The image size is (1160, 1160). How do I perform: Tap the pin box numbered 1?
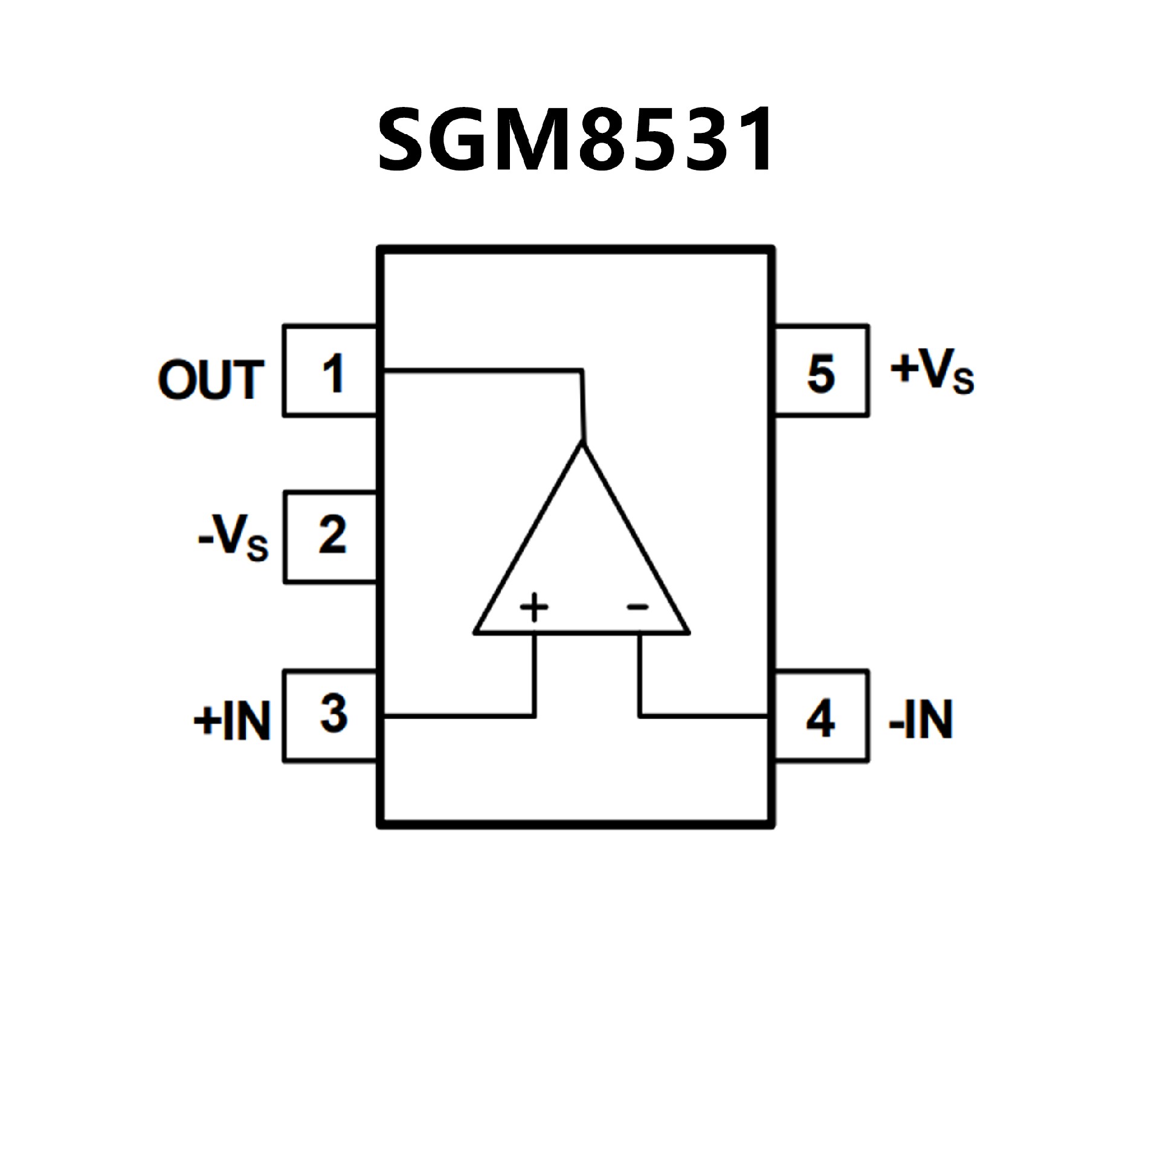coord(330,371)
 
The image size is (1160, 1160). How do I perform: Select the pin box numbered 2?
coord(330,537)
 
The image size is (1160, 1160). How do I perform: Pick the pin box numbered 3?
coord(330,716)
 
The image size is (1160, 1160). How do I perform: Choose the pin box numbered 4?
coord(821,716)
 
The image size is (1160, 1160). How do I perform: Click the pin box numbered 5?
coord(821,371)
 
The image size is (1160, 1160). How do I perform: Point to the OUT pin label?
coord(211,380)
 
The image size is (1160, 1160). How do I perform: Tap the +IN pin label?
coord(231,721)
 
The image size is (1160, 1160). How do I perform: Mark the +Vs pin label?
coord(932,371)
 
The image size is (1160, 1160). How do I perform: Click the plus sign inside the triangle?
coord(534,607)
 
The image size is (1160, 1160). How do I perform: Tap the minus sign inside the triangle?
coord(637,607)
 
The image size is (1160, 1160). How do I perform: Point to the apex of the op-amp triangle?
coord(583,445)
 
